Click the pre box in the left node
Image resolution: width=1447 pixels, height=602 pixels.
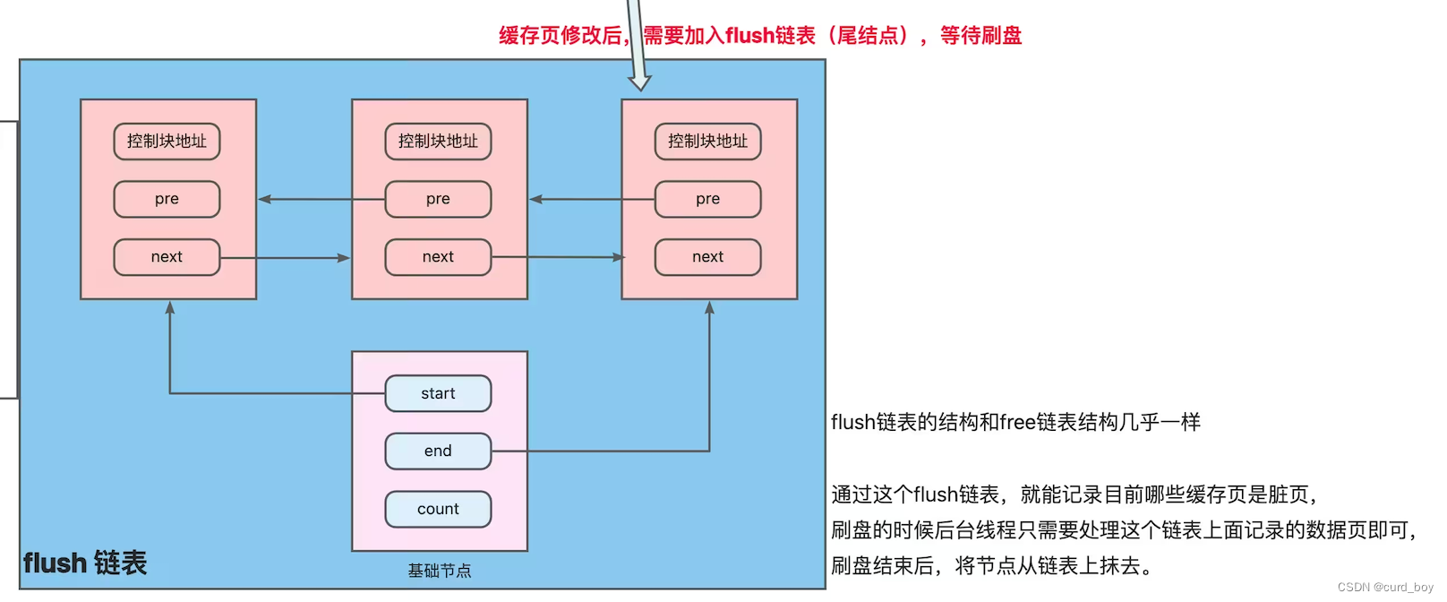point(167,199)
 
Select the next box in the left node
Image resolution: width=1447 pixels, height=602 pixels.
point(167,257)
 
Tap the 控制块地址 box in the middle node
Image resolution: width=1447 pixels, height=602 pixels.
point(438,142)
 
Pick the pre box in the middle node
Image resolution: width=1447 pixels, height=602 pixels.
point(438,199)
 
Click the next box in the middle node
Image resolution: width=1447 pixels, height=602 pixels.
point(438,257)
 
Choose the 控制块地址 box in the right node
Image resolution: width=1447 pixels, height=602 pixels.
point(707,142)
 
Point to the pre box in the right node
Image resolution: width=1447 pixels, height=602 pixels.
point(707,199)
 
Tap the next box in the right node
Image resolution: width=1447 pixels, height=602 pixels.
point(707,257)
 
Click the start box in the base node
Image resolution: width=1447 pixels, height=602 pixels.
point(438,393)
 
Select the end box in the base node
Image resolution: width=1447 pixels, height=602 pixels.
point(438,451)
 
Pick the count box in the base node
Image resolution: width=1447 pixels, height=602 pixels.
point(438,509)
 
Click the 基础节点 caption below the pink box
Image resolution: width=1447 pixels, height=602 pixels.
point(439,571)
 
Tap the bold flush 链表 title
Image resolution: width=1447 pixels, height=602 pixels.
point(85,563)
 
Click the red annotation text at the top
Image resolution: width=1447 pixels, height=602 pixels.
point(759,36)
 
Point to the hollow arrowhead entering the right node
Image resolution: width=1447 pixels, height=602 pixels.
point(639,83)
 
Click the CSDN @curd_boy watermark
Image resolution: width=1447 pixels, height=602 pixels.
point(1385,587)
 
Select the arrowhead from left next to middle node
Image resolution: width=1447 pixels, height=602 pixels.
point(343,258)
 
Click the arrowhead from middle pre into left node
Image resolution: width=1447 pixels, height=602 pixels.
point(265,199)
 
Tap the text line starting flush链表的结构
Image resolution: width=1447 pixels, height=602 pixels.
point(1015,422)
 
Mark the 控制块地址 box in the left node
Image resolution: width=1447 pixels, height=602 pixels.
point(167,142)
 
